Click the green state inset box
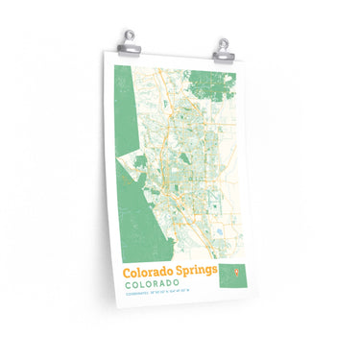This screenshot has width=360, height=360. pyautogui.click(x=231, y=276)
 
